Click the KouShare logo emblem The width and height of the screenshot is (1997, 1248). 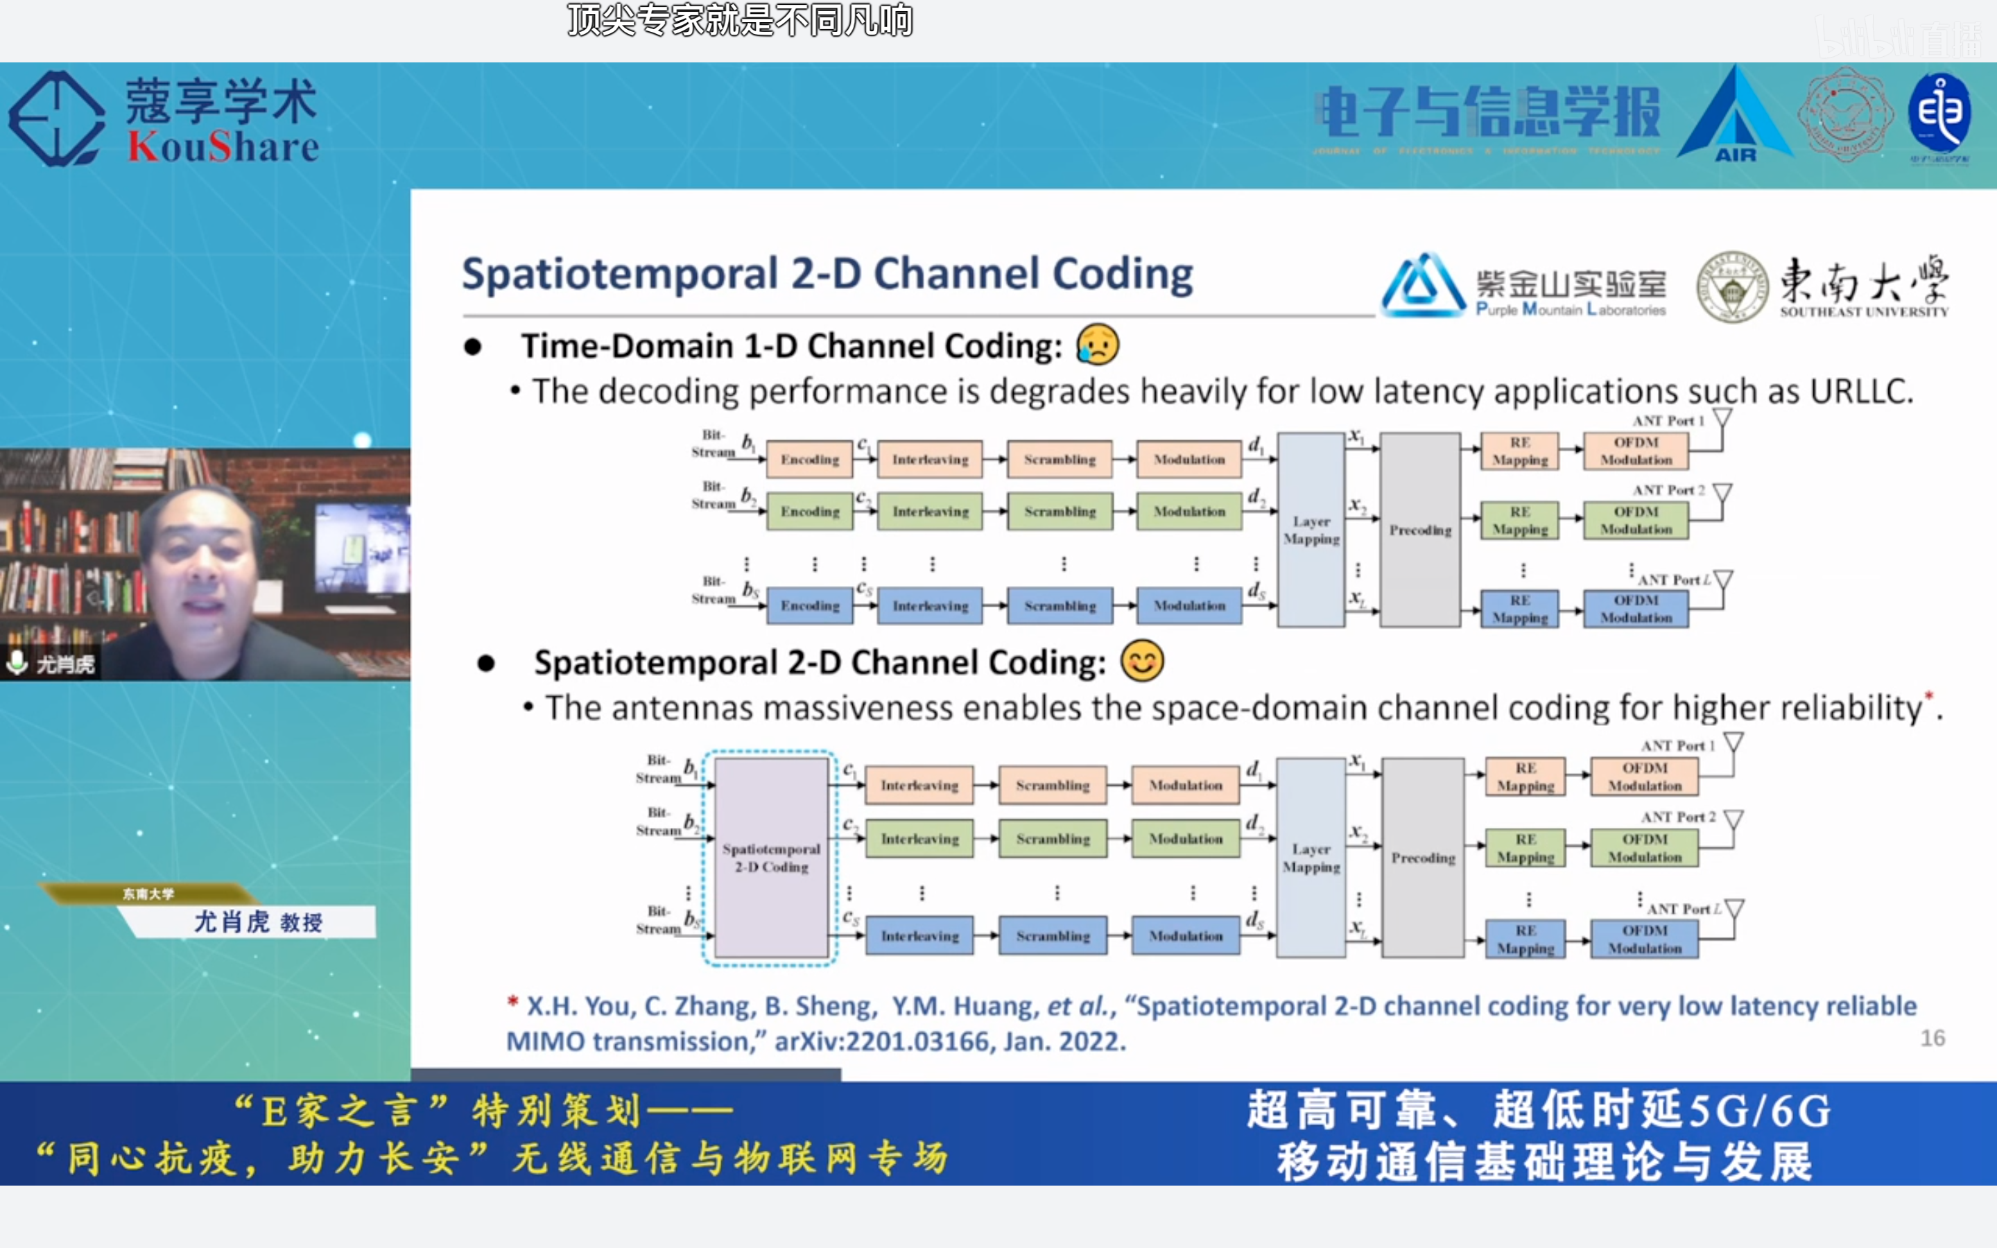click(x=56, y=119)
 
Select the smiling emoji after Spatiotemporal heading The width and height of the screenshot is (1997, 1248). click(x=1142, y=661)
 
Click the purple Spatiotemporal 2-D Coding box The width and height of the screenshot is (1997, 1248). click(x=772, y=858)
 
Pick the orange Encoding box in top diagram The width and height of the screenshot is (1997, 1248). click(x=809, y=459)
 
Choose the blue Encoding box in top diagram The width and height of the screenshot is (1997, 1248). click(x=809, y=606)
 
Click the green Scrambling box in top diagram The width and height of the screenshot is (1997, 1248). click(x=1060, y=512)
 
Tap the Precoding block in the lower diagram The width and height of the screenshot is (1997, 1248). click(x=1423, y=858)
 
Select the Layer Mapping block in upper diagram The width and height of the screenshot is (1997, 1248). click(x=1311, y=530)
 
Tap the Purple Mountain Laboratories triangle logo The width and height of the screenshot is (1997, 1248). click(x=1422, y=286)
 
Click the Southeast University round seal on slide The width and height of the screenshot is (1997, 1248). click(x=1731, y=287)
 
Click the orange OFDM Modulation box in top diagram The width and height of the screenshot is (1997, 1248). click(x=1636, y=451)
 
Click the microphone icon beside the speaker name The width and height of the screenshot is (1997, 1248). click(x=17, y=662)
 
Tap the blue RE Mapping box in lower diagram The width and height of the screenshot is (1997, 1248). click(x=1525, y=939)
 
